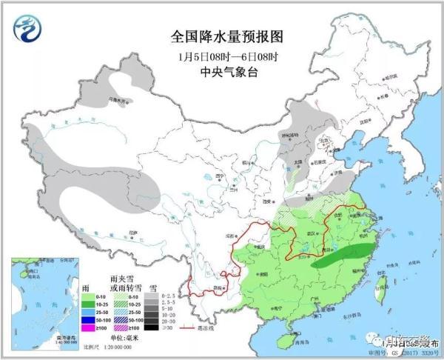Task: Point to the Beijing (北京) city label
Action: click(x=323, y=139)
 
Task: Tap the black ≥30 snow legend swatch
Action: click(x=151, y=327)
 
